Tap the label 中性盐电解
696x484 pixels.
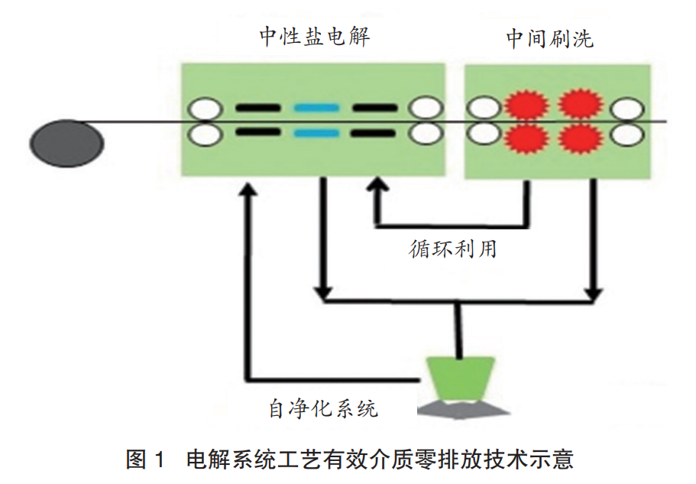(314, 37)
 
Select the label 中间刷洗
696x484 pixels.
(549, 39)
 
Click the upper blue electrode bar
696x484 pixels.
(316, 108)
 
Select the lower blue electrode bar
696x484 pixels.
(316, 134)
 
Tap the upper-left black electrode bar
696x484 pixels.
(257, 108)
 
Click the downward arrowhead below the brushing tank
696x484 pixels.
(594, 294)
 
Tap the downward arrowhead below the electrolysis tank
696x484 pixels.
(324, 294)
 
